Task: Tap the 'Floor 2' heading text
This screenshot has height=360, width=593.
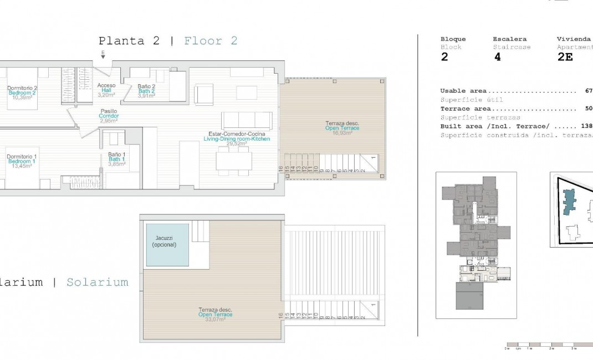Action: [211, 40]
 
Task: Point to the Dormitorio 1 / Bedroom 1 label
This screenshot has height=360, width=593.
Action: [22, 161]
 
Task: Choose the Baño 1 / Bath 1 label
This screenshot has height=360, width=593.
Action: [117, 159]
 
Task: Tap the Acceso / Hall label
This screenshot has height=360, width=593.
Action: [106, 90]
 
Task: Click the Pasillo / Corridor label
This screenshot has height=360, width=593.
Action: [109, 116]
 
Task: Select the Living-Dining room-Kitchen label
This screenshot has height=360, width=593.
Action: [237, 138]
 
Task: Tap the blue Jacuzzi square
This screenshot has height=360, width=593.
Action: [167, 244]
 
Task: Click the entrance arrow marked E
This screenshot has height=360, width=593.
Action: [103, 54]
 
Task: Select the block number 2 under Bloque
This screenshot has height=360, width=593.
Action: [444, 57]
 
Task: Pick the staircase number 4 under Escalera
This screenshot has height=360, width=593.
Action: [497, 57]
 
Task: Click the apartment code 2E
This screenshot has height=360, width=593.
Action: [565, 57]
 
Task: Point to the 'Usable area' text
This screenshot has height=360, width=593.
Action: [463, 91]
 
